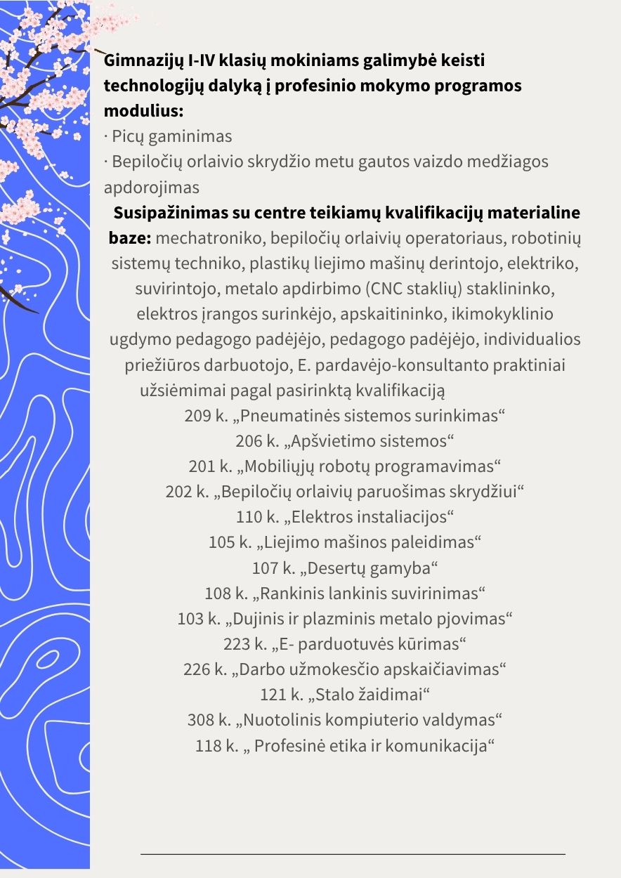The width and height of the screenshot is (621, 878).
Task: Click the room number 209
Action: (x=198, y=415)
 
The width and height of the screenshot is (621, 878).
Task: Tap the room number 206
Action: (x=249, y=441)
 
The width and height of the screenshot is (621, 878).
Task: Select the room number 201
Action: (x=202, y=466)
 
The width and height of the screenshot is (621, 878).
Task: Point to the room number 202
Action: (x=179, y=492)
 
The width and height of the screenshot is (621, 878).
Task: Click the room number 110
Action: (x=249, y=517)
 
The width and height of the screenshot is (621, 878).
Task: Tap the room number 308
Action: (x=201, y=719)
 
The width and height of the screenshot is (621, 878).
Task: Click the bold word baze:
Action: (x=130, y=237)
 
